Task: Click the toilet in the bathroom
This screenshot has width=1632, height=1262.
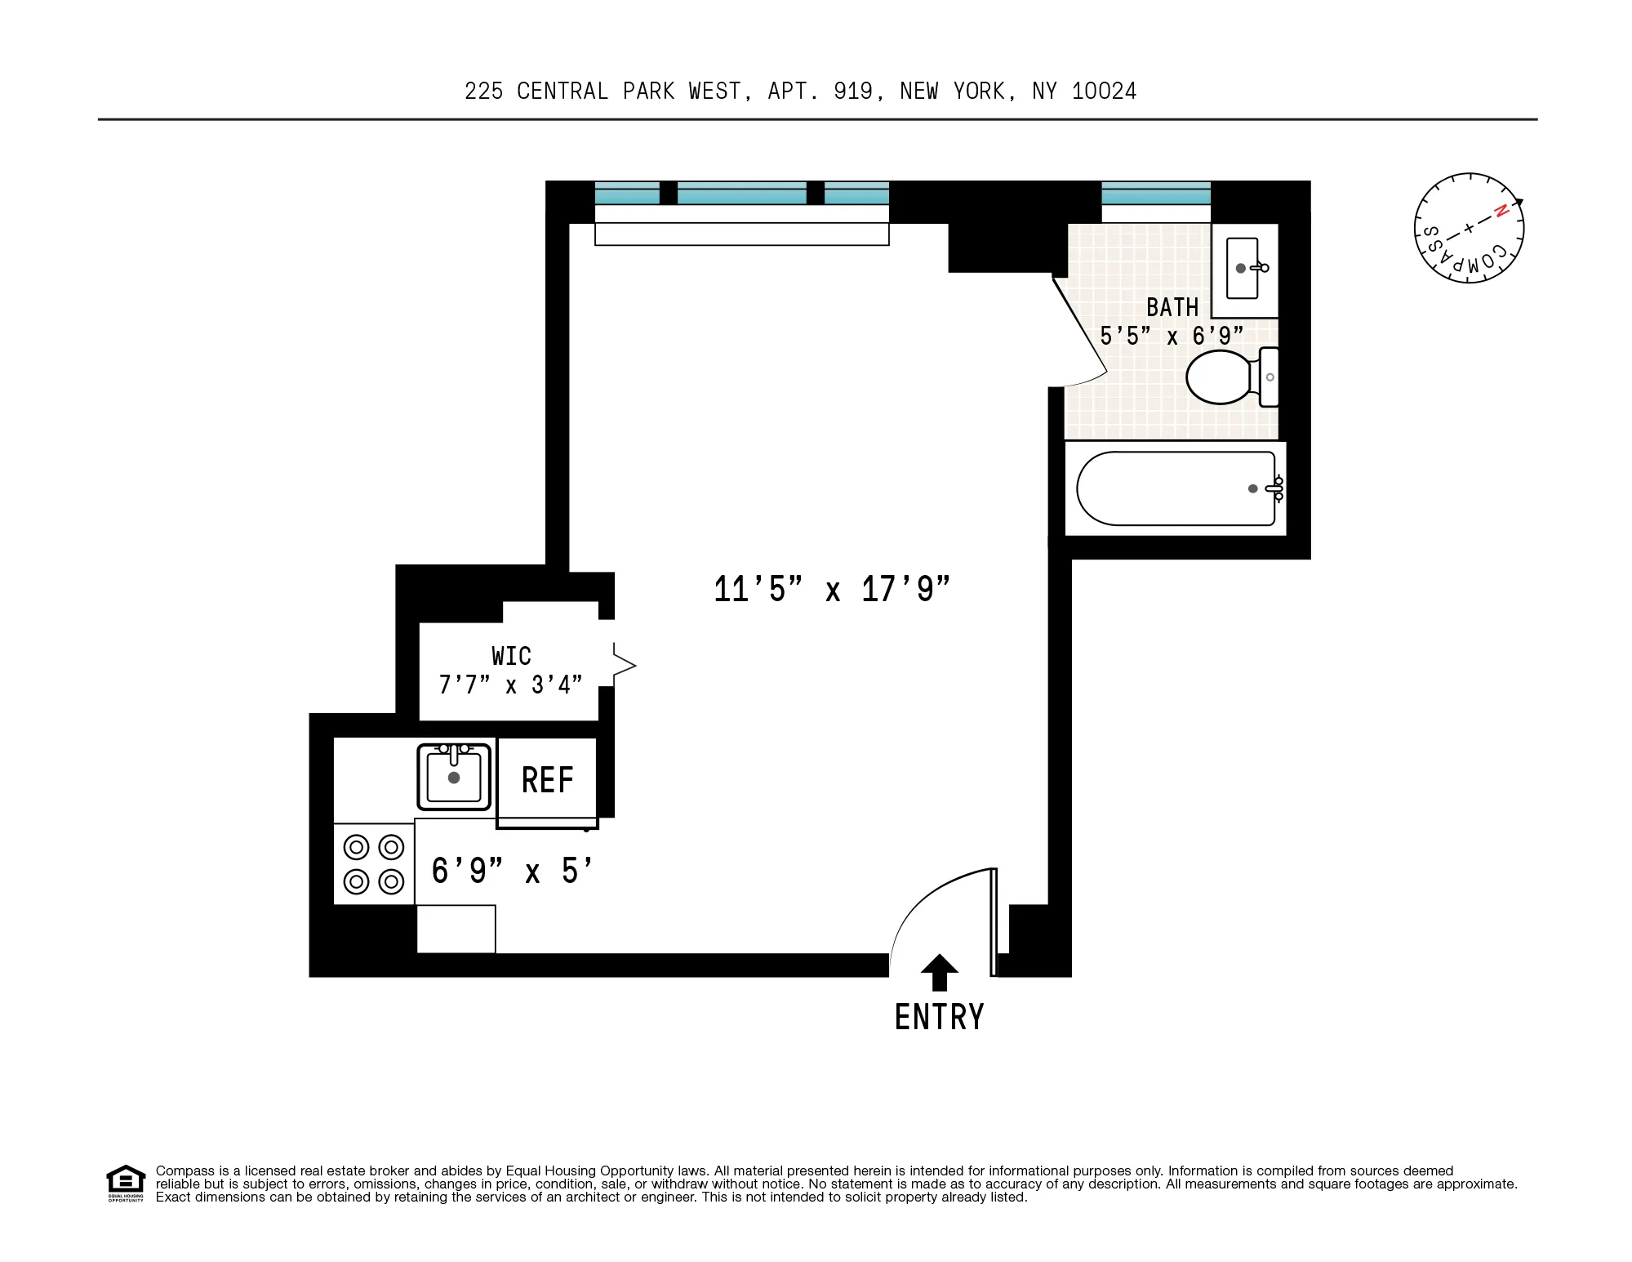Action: coord(1220,377)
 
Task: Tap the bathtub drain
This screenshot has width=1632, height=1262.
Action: coord(1253,488)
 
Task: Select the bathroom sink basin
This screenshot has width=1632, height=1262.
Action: coord(1243,269)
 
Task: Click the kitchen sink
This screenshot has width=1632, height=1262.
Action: coord(454,777)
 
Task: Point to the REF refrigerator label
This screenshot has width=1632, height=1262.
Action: coord(548,780)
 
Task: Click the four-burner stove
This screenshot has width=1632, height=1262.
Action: coord(374,864)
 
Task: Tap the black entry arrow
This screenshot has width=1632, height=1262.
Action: coord(939,973)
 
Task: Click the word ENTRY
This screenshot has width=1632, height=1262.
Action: coord(939,1018)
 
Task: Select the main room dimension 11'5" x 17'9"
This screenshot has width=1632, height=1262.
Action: coord(832,590)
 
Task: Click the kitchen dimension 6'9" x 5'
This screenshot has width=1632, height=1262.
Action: coord(511,872)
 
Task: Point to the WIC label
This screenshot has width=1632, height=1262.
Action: coord(511,656)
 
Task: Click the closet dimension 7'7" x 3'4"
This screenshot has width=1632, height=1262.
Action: coord(511,685)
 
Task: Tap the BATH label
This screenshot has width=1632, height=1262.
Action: coord(1172,308)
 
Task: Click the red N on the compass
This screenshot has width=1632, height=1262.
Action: coord(1501,211)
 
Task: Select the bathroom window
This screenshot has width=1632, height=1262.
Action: coord(1156,194)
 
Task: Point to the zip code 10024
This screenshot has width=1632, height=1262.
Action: coord(1104,91)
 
